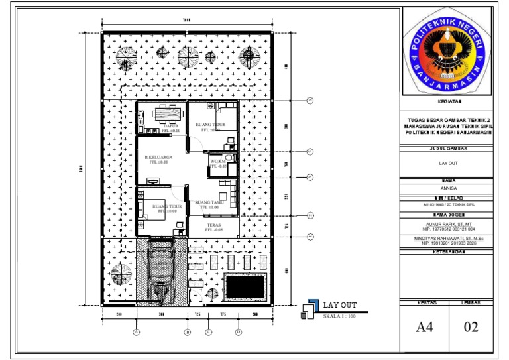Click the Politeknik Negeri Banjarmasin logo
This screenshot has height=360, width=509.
[x=447, y=58]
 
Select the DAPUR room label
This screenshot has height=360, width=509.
[x=170, y=125]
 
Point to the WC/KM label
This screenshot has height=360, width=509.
[x=217, y=161]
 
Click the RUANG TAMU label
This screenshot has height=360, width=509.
[x=207, y=203]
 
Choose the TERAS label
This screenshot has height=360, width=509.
[x=213, y=225]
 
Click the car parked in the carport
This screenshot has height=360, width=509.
[x=159, y=269]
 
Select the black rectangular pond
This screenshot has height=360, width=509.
[x=245, y=286]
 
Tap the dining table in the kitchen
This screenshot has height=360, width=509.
[x=169, y=113]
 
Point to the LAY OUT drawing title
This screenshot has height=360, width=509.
[x=340, y=305]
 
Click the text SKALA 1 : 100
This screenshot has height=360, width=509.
[x=340, y=316]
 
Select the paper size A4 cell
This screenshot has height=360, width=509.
[x=425, y=326]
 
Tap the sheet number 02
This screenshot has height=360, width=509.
[x=471, y=326]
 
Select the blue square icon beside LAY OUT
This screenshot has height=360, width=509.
[x=308, y=310]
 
